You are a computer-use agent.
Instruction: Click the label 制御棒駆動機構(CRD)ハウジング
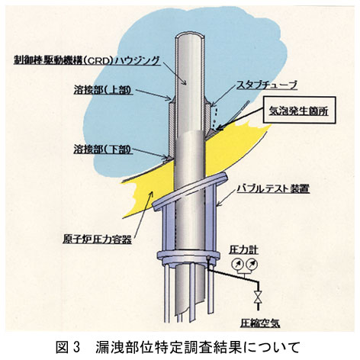87,60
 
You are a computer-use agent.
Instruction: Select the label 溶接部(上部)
103,91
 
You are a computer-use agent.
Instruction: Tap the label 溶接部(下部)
103,149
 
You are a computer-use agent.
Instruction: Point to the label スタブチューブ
267,85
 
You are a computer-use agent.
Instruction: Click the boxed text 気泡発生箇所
299,111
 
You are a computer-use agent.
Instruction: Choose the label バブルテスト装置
273,188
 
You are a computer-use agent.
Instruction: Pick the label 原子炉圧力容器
97,239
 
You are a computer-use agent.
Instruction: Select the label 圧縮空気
260,323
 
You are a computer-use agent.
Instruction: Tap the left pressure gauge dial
237,265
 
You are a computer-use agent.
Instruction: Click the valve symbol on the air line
259,297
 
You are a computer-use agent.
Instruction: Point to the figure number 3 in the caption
77,347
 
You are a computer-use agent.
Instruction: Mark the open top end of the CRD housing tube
190,36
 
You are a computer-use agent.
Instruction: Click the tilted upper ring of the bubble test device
189,191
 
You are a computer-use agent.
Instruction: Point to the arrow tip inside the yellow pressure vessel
152,194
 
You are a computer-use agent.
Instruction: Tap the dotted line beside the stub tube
215,117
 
